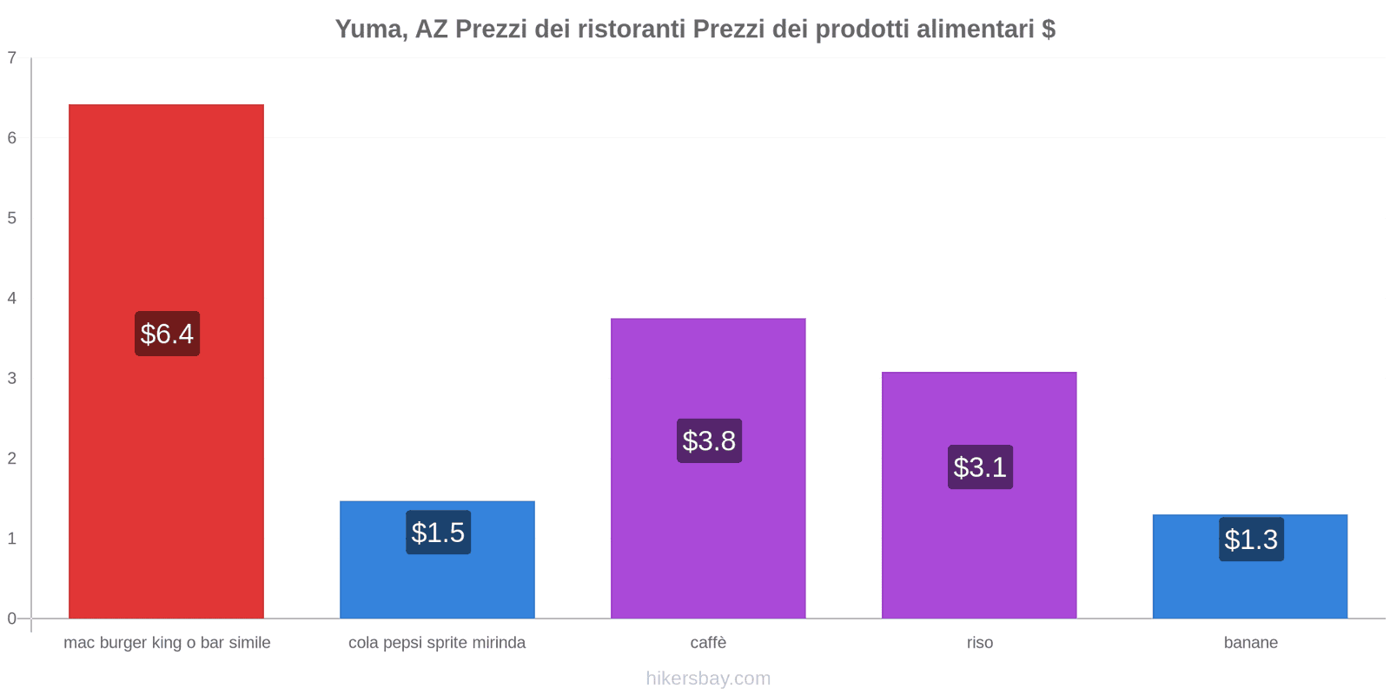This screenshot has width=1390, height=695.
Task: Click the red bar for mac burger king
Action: (x=166, y=217)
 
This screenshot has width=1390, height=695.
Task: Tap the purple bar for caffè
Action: (x=708, y=374)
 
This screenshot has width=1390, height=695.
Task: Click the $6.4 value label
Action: (x=167, y=334)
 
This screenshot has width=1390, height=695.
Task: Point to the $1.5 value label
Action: (x=438, y=533)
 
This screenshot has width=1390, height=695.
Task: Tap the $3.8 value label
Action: (x=709, y=441)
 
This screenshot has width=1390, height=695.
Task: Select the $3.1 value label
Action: (x=980, y=467)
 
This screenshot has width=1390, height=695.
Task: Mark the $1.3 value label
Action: (x=1251, y=539)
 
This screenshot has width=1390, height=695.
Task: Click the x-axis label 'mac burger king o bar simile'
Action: (x=167, y=643)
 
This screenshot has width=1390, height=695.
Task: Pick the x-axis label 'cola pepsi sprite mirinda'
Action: (x=437, y=643)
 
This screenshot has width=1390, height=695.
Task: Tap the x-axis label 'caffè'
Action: (x=708, y=643)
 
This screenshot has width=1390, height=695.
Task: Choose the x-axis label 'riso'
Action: (x=979, y=643)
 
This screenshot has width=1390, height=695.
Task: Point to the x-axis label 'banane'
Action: (x=1250, y=643)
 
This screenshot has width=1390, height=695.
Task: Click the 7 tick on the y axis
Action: (x=12, y=58)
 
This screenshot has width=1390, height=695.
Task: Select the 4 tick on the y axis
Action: (x=12, y=298)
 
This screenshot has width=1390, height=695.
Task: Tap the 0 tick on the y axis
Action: (x=12, y=619)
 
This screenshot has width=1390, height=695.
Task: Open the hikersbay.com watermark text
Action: (x=708, y=678)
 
